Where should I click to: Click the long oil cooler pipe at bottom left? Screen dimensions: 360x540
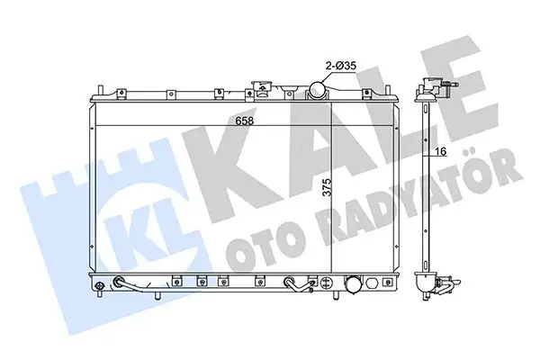[x=136, y=287]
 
